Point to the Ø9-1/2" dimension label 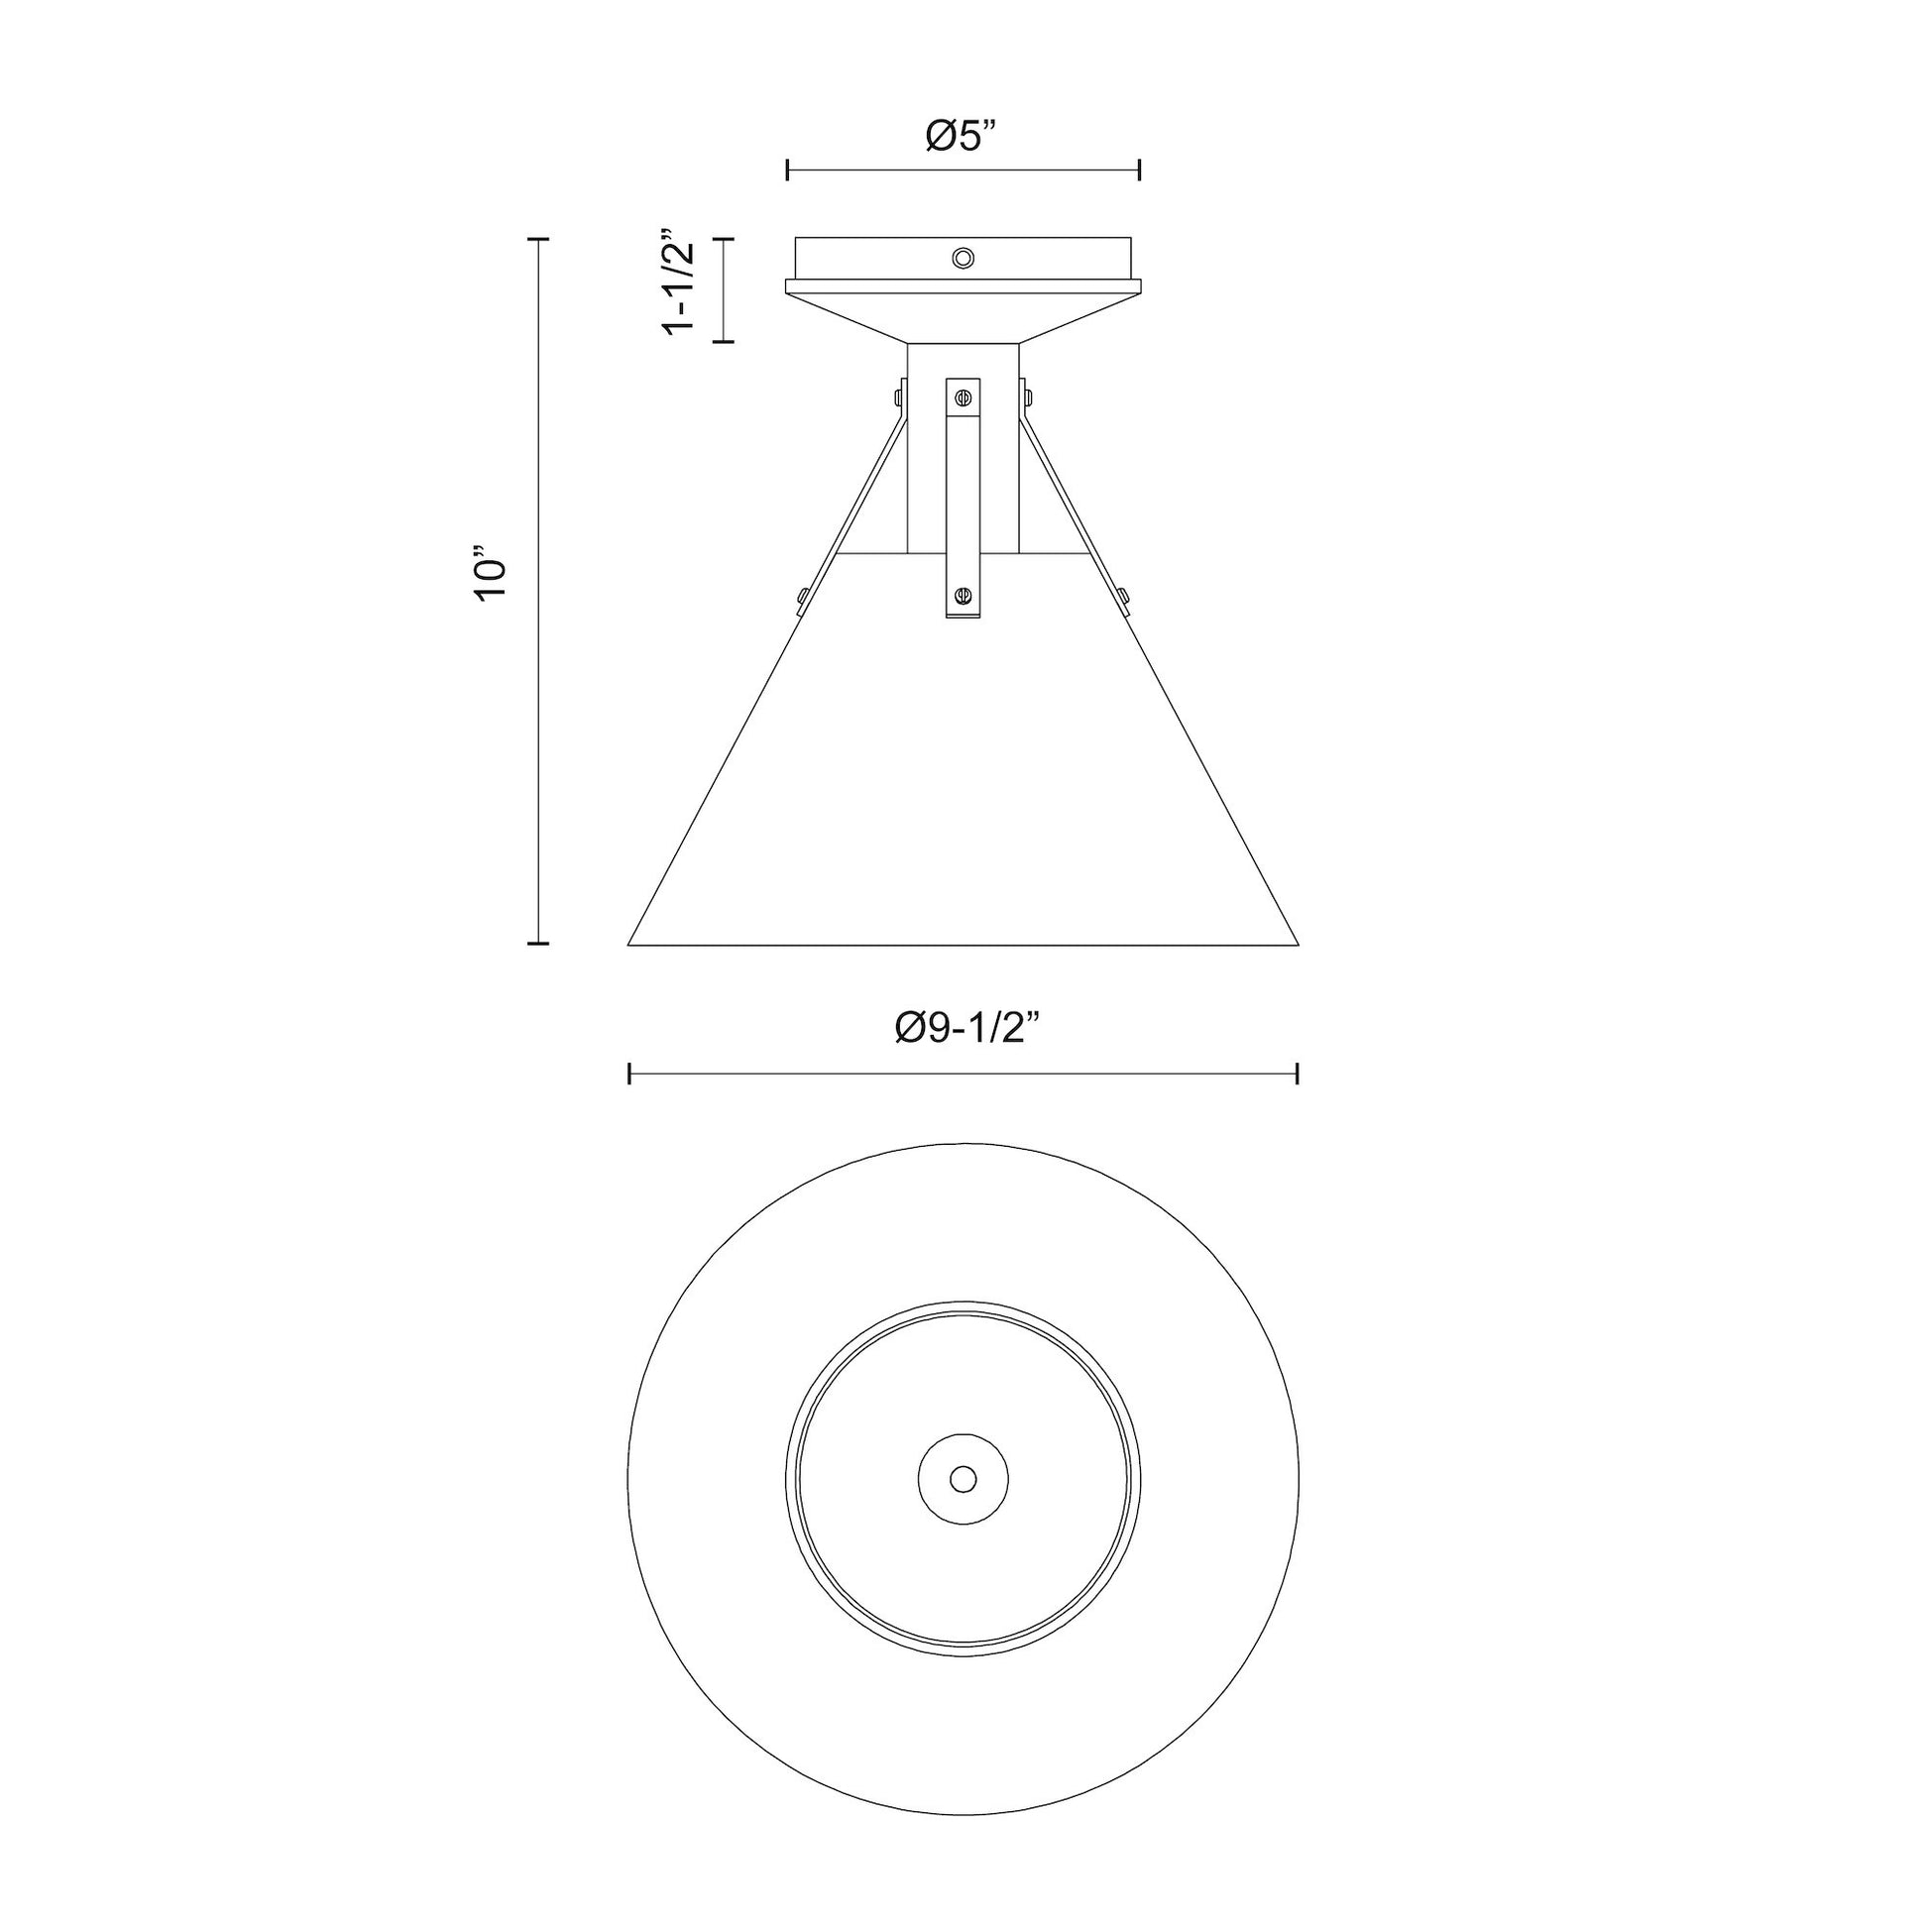pos(963,1027)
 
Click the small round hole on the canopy pos(963,259)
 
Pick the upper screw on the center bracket pos(963,397)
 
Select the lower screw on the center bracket pos(963,596)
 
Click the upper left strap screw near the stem pos(899,397)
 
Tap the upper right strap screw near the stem pos(1027,397)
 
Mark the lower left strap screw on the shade pos(802,597)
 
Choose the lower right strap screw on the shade pos(1124,597)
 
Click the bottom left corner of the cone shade pos(630,943)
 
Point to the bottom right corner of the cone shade pos(1297,943)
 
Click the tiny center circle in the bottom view pos(963,1479)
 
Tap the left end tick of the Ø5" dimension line pos(788,170)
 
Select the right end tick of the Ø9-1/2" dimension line pos(1296,1075)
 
